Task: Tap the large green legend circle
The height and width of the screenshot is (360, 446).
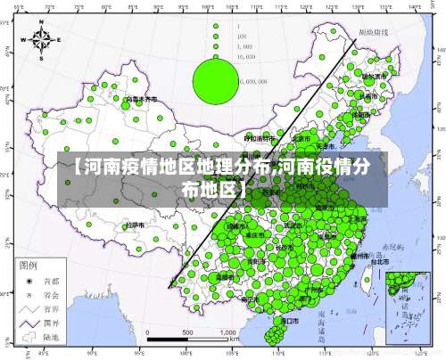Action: [x=215, y=78]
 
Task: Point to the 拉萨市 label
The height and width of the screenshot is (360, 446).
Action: [x=136, y=225]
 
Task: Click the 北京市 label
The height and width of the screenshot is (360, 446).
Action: [x=301, y=139]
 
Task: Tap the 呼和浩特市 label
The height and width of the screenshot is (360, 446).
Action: [x=260, y=138]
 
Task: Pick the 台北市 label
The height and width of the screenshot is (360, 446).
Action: [x=378, y=261]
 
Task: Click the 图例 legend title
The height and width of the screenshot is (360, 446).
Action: [x=28, y=266]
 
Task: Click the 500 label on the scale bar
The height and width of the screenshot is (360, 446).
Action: [x=187, y=332]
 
